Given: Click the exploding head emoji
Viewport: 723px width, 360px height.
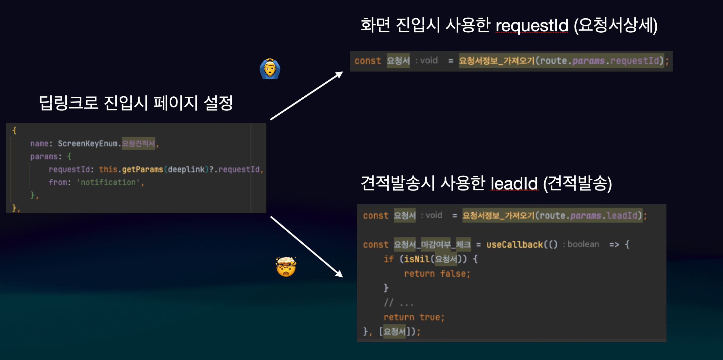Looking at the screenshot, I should pyautogui.click(x=286, y=267).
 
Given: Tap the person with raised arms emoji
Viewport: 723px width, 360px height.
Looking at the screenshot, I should pyautogui.click(x=270, y=69).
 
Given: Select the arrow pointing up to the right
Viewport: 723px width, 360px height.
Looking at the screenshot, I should pyautogui.click(x=307, y=96).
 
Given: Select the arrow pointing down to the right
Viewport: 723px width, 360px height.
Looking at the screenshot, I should pyautogui.click(x=307, y=247).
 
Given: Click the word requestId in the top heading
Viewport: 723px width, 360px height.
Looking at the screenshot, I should pyautogui.click(x=532, y=25).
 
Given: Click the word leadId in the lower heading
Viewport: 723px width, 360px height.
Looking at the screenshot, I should pyautogui.click(x=514, y=183).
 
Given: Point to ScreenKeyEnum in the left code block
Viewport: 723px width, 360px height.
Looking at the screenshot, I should pyautogui.click(x=87, y=144).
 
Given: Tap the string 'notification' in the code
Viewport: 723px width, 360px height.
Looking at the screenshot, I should pyautogui.click(x=108, y=182).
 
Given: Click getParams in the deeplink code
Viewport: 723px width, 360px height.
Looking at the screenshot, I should pyautogui.click(x=143, y=170).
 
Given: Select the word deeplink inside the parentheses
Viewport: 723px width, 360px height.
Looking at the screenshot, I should pyautogui.click(x=186, y=170).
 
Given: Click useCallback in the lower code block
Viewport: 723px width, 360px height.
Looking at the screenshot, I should pyautogui.click(x=514, y=245).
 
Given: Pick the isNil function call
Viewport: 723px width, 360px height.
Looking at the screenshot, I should pyautogui.click(x=417, y=259).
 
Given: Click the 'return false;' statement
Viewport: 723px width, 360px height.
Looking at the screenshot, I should pyautogui.click(x=437, y=274).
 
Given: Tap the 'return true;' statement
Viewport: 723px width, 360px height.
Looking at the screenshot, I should pyautogui.click(x=414, y=317).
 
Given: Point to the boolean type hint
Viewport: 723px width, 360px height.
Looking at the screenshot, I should pyautogui.click(x=583, y=244).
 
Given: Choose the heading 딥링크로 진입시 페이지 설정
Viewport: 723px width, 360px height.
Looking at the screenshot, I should pyautogui.click(x=136, y=103).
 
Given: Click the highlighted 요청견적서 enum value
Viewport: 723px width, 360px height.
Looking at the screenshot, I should pyautogui.click(x=138, y=144).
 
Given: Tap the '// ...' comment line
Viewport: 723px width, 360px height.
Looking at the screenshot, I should pyautogui.click(x=398, y=303).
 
